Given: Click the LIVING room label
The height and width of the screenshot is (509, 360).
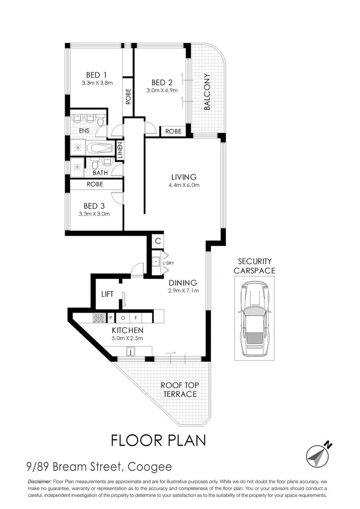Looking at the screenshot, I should pyautogui.click(x=184, y=177).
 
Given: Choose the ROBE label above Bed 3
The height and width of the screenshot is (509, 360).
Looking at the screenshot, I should pyautogui.click(x=95, y=184).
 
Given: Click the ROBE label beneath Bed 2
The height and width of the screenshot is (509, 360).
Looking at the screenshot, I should pyautogui.click(x=174, y=131).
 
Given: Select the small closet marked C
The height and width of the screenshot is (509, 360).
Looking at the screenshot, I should pyautogui.click(x=158, y=241).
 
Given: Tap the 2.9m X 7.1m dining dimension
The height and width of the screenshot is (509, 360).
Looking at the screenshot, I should pyautogui.click(x=184, y=291).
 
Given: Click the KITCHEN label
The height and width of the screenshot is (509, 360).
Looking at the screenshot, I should pyautogui.click(x=128, y=331).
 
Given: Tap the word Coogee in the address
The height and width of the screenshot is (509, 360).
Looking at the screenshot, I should pyautogui.click(x=150, y=467).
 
